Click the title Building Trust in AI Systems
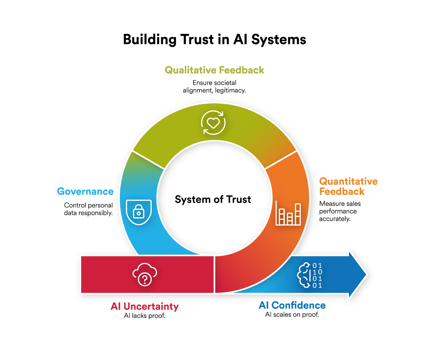214,39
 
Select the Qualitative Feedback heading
214,70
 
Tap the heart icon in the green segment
213,122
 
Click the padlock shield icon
139,212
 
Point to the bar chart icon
289,214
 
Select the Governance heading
85,191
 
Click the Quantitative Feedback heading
348,186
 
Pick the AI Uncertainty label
145,306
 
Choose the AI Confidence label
292,305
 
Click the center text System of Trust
213,199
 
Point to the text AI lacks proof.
145,316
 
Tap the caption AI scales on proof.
292,315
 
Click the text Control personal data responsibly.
88,209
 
